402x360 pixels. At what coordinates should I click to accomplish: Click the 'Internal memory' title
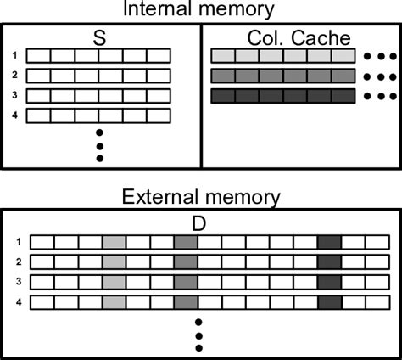point(200,10)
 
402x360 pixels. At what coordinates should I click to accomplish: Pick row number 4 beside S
point(14,114)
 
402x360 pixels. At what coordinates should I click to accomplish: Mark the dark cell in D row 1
point(329,243)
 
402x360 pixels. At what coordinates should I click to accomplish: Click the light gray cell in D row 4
point(113,301)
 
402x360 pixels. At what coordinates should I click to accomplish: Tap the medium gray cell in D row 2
point(185,262)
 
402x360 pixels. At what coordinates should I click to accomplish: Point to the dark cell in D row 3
point(329,282)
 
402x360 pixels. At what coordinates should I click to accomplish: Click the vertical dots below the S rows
point(99,145)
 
